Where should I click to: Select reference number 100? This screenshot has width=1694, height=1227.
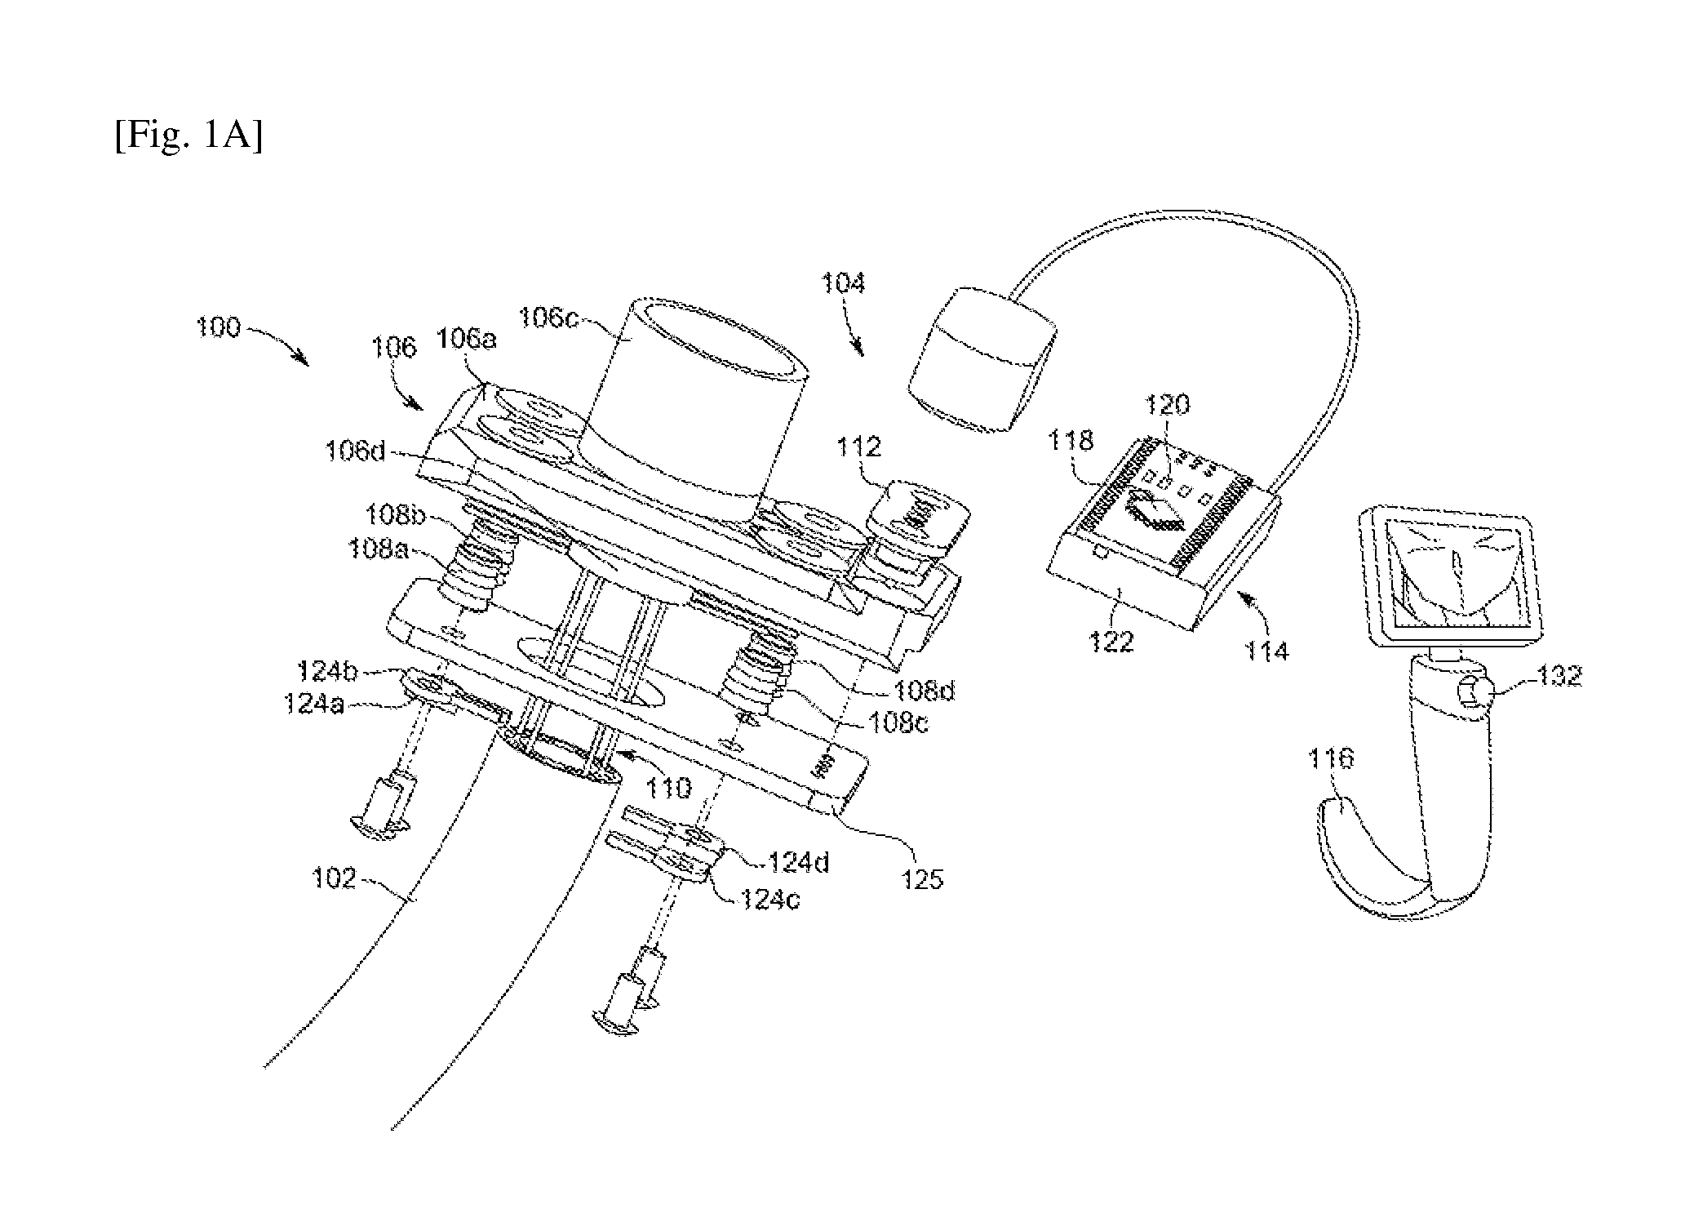(217, 328)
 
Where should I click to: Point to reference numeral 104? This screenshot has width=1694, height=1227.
(843, 284)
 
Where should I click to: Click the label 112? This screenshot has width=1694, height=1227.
(859, 447)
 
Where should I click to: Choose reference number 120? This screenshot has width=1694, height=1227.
(1168, 405)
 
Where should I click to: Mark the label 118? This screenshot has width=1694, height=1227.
(1071, 441)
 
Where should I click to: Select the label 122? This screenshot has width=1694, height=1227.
(1112, 642)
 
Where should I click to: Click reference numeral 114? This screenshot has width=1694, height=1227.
(1266, 651)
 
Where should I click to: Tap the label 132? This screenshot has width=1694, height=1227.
(1559, 677)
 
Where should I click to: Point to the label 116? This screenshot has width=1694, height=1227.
(1331, 759)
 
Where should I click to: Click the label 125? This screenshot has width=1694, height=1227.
(921, 878)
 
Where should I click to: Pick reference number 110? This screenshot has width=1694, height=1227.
(668, 788)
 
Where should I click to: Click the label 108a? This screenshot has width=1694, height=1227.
(377, 549)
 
